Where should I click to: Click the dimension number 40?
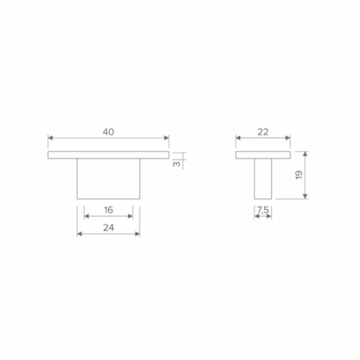(108, 132)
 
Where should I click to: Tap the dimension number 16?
(107, 209)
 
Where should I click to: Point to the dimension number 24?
(107, 228)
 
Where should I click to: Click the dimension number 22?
(263, 132)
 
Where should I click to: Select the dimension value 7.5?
(263, 209)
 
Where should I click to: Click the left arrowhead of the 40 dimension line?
(51, 138)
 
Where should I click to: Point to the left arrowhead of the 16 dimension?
(86, 216)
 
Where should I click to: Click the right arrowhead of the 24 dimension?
(137, 234)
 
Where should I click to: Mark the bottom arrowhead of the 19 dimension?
(306, 197)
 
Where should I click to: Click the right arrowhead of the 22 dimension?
(288, 138)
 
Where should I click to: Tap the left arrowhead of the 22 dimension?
(238, 138)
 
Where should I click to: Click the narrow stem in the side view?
(263, 180)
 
